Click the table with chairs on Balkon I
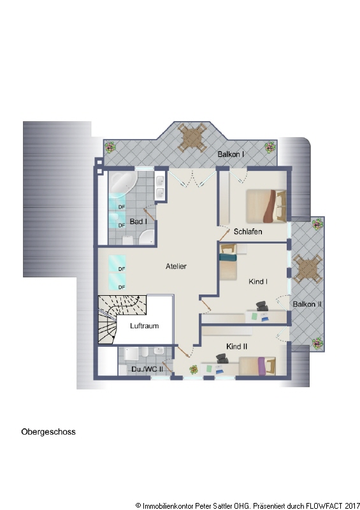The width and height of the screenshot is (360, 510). coord(192,136)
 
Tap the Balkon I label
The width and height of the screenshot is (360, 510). coord(231,155)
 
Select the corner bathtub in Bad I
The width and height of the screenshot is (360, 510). coord(120,185)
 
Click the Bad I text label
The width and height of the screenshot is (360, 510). coord(138,222)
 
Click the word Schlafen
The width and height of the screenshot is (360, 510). coord(248,231)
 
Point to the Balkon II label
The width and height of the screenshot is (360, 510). coord(307,305)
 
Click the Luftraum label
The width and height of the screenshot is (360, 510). coord(144,326)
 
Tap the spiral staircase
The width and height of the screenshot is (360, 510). coord(119,316)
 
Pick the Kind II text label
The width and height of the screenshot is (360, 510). coord(237,346)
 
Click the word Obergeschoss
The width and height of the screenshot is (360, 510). coord(48,432)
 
